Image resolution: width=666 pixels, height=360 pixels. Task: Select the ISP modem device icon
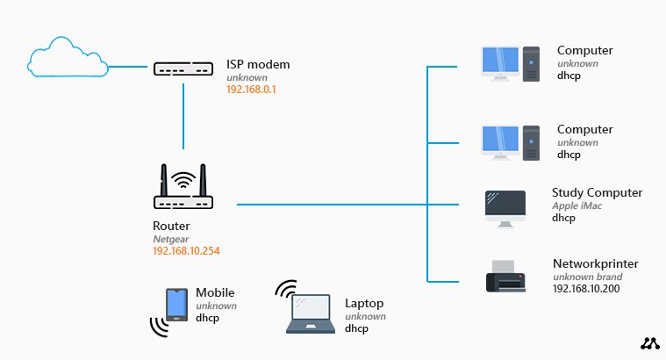pyautogui.click(x=183, y=68)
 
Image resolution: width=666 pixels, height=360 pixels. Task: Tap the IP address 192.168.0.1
pyautogui.click(x=251, y=90)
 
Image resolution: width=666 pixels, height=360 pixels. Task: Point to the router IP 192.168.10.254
pyautogui.click(x=186, y=251)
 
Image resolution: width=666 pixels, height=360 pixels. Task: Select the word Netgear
pyautogui.click(x=170, y=239)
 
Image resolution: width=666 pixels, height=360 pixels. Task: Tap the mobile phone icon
pyautogui.click(x=176, y=305)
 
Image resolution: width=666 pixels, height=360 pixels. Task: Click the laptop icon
pyautogui.click(x=311, y=314)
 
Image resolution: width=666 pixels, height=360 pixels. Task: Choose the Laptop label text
pyautogui.click(x=364, y=303)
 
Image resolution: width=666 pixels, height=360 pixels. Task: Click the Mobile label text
pyautogui.click(x=215, y=292)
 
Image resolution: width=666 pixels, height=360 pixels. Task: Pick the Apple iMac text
pyautogui.click(x=583, y=205)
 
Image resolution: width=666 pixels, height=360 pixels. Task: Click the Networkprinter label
pyautogui.click(x=595, y=263)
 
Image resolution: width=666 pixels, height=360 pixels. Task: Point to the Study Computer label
pyautogui.click(x=597, y=192)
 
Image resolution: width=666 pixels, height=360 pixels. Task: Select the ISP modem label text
pyautogui.click(x=258, y=64)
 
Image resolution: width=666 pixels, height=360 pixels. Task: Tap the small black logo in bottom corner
pyautogui.click(x=648, y=343)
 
